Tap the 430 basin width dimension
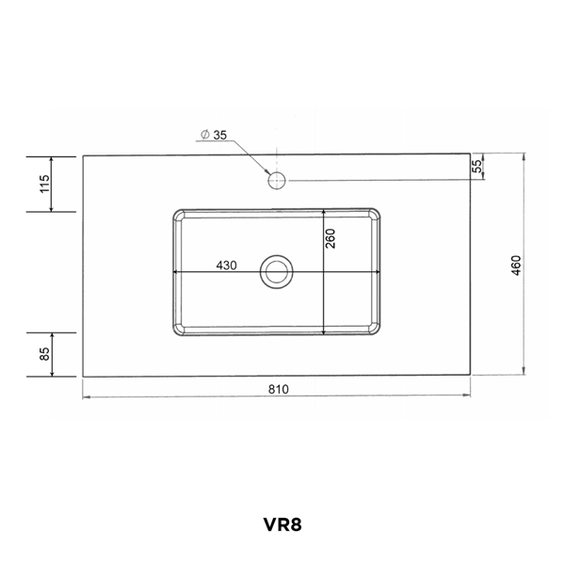(226, 265)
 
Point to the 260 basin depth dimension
(331, 240)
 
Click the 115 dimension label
(44, 183)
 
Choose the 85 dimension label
(44, 355)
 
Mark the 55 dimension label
(476, 166)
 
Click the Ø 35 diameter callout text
(214, 136)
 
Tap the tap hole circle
(277, 179)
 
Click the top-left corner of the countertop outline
(83, 154)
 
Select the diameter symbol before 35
(204, 136)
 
